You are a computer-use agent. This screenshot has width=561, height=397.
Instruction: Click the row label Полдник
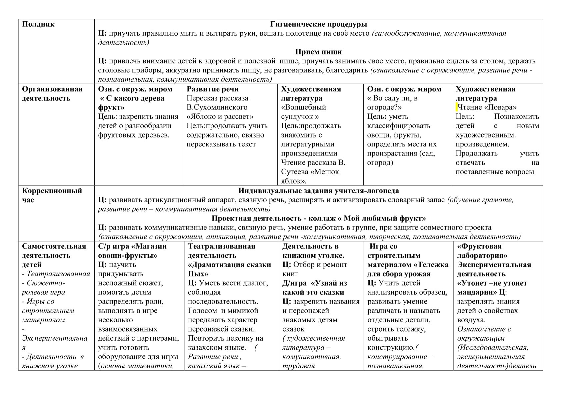click(x=38, y=24)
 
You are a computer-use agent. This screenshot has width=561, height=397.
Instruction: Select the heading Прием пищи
click(x=318, y=52)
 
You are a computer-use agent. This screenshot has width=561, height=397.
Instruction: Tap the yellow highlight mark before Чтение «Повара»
click(x=457, y=107)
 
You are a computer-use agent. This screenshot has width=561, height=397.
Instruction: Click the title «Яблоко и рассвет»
click(x=220, y=117)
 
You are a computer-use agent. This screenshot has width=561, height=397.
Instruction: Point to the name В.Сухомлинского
click(x=217, y=107)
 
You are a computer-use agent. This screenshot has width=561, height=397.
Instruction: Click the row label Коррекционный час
click(x=52, y=195)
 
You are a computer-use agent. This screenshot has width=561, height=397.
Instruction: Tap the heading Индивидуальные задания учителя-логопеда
click(x=318, y=191)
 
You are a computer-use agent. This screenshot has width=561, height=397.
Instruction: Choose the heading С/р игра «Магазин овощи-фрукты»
click(x=132, y=251)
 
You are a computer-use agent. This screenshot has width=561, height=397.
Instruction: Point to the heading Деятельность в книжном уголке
click(x=313, y=251)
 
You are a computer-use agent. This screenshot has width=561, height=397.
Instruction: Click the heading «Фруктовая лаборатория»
click(x=482, y=251)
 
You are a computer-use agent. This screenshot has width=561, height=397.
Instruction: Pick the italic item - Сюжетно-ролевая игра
click(x=44, y=288)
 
